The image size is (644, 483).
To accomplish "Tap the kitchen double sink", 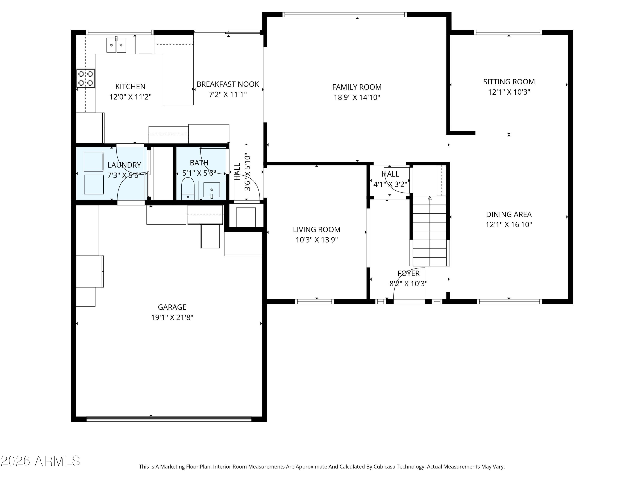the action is tap(116, 45).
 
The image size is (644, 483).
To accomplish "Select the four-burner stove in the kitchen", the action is tap(86, 78).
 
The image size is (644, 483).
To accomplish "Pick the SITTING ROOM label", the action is tap(509, 82).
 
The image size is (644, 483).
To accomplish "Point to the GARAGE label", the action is tap(172, 307).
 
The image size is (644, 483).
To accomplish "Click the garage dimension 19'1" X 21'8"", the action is tap(172, 317).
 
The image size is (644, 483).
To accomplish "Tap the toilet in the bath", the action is tap(188, 189).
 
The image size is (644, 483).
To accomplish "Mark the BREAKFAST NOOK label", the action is tap(228, 84).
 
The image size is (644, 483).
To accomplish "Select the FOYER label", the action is tap(409, 273).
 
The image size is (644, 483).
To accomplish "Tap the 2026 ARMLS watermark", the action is tap(41, 461).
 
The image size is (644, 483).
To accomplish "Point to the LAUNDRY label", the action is tap(124, 165).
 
